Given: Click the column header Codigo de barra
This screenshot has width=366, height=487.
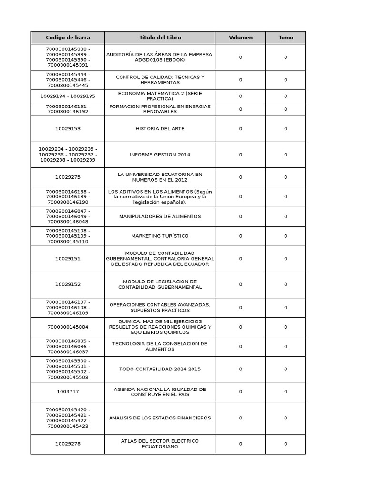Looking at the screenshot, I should [x=68, y=38].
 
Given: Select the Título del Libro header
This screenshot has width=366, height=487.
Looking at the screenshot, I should [x=160, y=38].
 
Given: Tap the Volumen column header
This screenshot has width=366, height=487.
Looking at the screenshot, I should [x=240, y=38].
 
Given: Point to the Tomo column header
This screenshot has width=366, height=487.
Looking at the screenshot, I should [x=285, y=38].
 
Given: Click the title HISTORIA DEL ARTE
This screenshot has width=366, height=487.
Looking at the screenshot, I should [x=160, y=129].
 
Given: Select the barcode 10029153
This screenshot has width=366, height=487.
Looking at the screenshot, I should [x=68, y=129].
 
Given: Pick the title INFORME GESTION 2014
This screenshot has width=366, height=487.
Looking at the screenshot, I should [x=160, y=155].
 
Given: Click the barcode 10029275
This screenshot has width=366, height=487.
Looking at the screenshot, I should [x=68, y=177].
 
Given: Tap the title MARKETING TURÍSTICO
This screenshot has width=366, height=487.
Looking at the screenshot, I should [x=160, y=236].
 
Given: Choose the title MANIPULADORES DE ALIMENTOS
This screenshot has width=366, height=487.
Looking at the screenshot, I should [x=160, y=216].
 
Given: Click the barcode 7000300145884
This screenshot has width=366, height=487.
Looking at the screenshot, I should [x=68, y=327].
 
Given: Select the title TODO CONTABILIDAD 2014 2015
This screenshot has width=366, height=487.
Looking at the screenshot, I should [x=160, y=369].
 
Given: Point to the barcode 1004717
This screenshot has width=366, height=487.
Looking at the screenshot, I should [x=68, y=392].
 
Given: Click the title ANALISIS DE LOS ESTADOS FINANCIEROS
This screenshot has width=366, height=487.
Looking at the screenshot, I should [x=160, y=418].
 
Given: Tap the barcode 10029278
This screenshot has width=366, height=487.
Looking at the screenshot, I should [x=68, y=444].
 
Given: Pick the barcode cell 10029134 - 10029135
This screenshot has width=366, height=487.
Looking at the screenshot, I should [x=68, y=96].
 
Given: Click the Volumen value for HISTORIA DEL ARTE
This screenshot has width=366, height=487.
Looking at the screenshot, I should [x=240, y=129].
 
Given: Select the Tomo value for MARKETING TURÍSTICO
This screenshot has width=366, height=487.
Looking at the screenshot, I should [x=285, y=236].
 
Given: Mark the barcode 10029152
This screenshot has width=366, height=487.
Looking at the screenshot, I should [x=68, y=284].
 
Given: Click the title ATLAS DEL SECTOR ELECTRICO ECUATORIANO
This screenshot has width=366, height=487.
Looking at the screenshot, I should [x=160, y=444].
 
